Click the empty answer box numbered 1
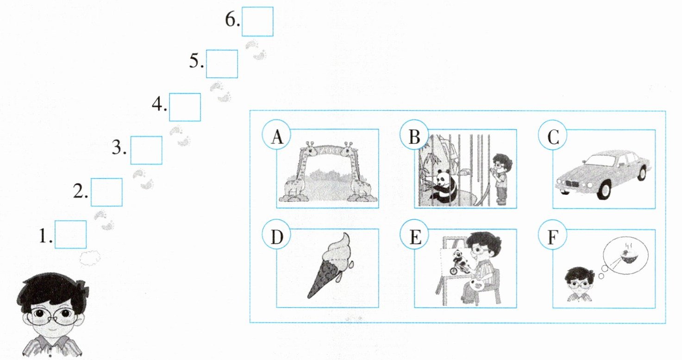(71, 234)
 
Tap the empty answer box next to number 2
(106, 192)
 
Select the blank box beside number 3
(146, 150)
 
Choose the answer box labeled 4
(185, 107)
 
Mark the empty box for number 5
(222, 64)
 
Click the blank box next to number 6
(257, 22)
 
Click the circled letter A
(276, 134)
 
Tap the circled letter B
(414, 134)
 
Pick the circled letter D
(276, 235)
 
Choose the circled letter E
(414, 235)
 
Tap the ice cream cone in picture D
(330, 265)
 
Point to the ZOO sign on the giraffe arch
(328, 150)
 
